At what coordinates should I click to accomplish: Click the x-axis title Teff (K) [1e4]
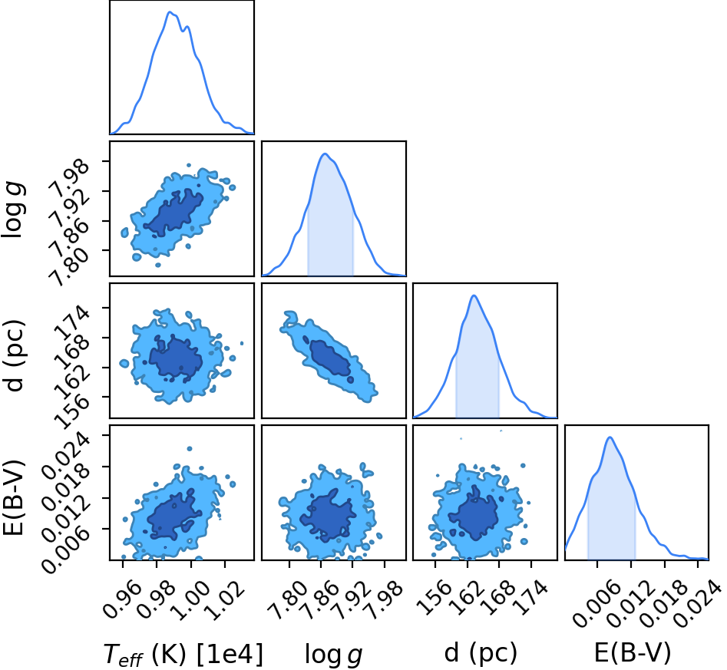(x=183, y=654)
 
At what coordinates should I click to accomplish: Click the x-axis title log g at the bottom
(x=333, y=655)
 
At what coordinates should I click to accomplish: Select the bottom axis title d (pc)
(x=481, y=653)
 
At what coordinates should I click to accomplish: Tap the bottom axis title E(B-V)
(x=633, y=653)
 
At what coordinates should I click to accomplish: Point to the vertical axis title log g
(x=14, y=209)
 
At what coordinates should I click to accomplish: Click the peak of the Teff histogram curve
(x=170, y=12)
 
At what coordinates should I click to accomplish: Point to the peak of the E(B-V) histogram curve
(x=610, y=437)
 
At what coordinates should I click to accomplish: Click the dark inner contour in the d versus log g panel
(x=329, y=357)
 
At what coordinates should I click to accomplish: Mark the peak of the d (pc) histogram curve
(x=474, y=295)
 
